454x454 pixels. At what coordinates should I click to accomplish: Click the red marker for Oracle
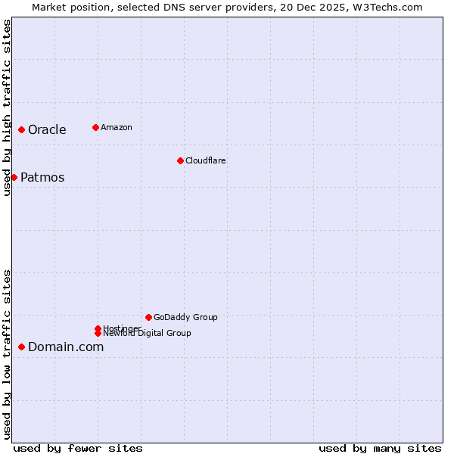21,129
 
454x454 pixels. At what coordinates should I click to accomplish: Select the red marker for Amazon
95,127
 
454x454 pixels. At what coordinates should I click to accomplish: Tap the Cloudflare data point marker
180,160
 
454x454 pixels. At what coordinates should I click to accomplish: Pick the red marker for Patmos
14,177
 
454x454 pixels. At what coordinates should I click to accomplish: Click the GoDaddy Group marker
148,317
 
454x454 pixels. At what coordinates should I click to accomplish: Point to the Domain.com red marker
21,347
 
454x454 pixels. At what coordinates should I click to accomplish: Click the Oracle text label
47,129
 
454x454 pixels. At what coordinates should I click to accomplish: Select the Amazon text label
117,127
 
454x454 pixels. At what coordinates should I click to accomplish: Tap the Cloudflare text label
206,160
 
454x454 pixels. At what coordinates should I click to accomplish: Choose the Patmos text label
42,178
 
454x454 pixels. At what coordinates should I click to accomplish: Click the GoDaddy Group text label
185,317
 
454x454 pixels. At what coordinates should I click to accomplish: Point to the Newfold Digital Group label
148,334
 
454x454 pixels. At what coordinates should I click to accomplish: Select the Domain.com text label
66,347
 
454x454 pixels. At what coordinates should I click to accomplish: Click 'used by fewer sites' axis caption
78,448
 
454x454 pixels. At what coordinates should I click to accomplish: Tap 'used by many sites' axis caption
380,448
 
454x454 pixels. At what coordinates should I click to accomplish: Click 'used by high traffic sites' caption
7,107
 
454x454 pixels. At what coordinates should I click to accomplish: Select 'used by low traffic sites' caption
7,354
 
